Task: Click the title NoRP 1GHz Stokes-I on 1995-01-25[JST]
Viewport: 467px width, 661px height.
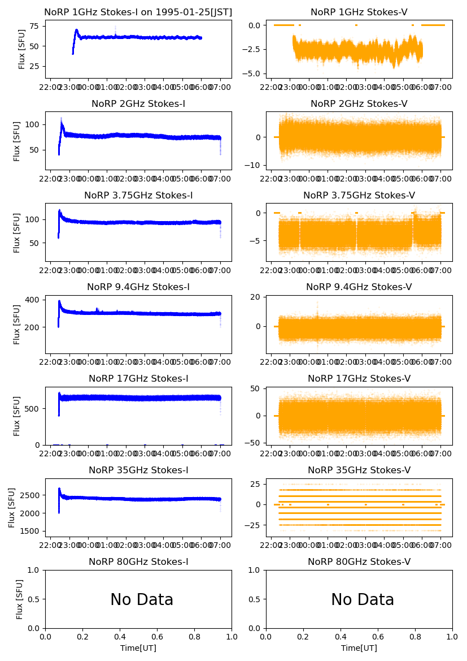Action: click(x=138, y=12)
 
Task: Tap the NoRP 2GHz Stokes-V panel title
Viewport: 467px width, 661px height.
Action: click(x=359, y=103)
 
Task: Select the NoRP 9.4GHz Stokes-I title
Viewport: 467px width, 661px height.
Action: click(x=138, y=287)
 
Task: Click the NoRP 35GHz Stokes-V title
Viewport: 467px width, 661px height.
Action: click(x=359, y=470)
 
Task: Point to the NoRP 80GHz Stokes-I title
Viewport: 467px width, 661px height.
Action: click(x=138, y=561)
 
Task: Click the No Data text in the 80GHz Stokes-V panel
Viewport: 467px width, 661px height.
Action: click(x=363, y=599)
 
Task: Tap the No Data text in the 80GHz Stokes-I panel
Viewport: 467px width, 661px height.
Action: click(x=142, y=599)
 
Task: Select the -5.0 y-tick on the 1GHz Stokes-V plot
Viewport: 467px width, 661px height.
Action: click(x=252, y=74)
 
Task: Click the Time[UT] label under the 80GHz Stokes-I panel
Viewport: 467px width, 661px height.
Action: click(x=138, y=648)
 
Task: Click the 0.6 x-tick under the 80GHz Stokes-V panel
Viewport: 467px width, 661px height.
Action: click(x=378, y=636)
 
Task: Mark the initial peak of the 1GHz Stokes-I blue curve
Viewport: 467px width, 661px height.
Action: click(x=76, y=30)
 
